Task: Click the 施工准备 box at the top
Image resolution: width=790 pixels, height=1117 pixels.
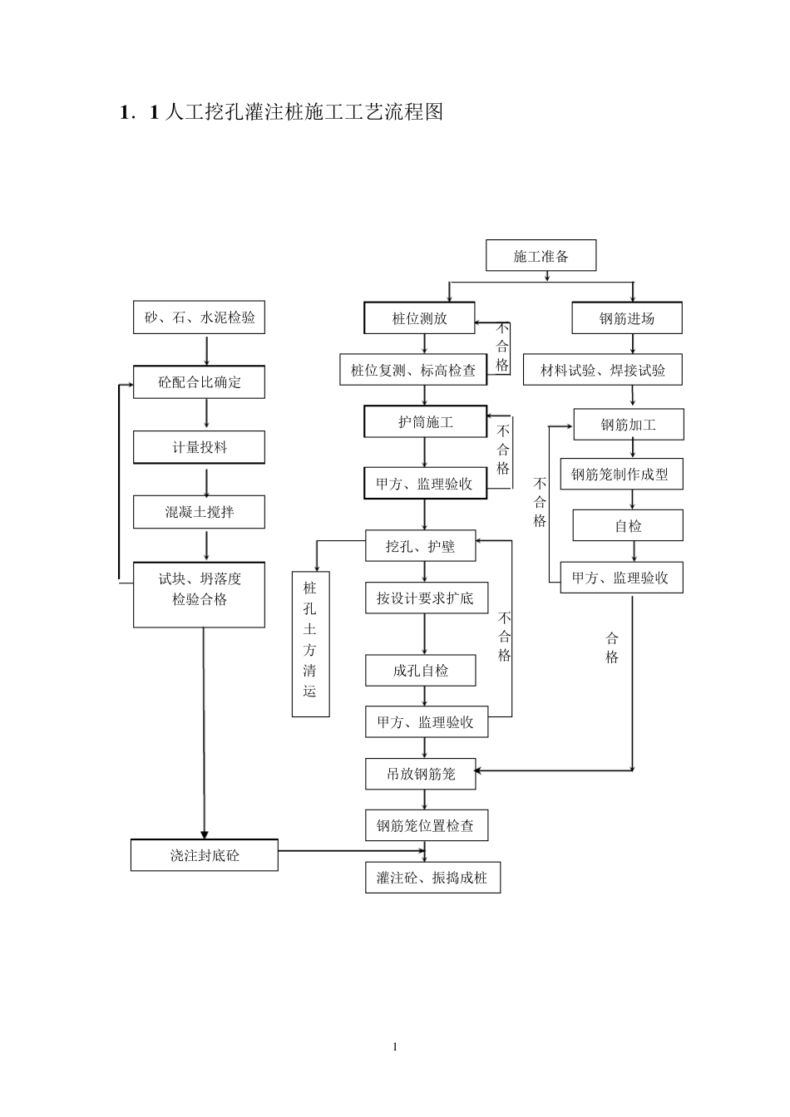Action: tap(541, 256)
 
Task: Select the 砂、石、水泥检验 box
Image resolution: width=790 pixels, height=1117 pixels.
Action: tap(199, 317)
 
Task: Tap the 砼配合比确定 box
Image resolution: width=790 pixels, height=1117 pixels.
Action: tap(199, 382)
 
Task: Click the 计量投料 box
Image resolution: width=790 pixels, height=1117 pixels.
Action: tap(199, 447)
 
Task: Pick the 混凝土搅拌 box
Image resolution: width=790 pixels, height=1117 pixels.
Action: tap(199, 512)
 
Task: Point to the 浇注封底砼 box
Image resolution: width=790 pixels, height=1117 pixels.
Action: tap(204, 854)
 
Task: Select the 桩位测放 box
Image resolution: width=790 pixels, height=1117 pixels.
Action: tap(419, 318)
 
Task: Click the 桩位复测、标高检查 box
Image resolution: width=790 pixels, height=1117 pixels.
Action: tap(413, 370)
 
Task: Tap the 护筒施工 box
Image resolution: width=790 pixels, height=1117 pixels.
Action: tap(425, 422)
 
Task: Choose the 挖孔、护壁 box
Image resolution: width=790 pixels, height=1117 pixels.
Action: tap(421, 546)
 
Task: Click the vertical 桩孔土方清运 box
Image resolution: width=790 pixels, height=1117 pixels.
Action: tap(310, 643)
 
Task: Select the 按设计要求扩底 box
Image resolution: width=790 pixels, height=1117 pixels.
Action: tap(426, 598)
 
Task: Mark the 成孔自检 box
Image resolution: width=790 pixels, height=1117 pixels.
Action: tap(421, 670)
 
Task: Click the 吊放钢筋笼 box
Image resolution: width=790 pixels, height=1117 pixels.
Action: tap(421, 774)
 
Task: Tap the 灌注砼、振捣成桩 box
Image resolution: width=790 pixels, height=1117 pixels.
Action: tap(432, 878)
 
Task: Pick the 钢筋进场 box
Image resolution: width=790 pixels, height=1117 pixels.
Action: tap(627, 318)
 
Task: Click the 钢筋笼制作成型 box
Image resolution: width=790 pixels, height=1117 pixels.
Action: tap(620, 475)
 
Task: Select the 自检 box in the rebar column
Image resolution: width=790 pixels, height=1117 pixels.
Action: tap(628, 526)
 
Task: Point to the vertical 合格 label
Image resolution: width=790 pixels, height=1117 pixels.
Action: tap(612, 647)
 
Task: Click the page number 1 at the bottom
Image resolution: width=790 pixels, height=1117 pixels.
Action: tap(395, 1046)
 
